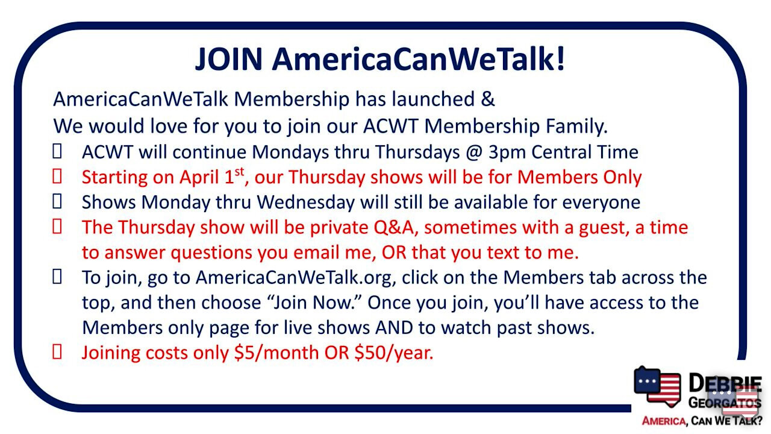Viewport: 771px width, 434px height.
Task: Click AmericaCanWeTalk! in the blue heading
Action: tap(419, 59)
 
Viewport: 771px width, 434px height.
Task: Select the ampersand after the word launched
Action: tap(488, 99)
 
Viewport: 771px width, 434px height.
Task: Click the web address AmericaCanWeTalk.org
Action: tap(295, 277)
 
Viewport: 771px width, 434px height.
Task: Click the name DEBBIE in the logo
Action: tap(725, 383)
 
